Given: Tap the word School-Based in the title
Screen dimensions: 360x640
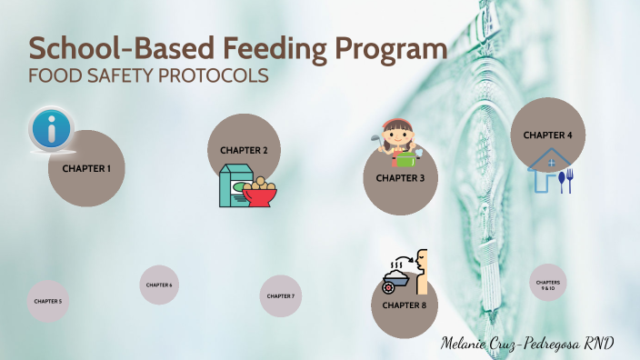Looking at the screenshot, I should [116, 48].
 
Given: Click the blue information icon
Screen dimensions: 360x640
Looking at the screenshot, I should [51, 130].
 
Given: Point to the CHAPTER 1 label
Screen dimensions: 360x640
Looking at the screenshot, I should [86, 168].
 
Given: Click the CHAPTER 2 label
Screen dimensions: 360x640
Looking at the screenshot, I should [244, 150].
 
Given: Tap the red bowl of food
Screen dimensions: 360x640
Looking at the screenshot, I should [259, 190].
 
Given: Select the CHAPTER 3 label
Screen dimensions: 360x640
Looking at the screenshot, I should [401, 177].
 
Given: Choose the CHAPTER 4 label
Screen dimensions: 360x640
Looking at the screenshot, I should [547, 135].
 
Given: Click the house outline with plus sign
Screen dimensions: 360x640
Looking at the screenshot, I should [545, 172].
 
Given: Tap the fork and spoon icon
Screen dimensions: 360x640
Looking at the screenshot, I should [567, 180].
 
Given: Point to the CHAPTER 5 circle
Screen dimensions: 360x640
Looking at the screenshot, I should [48, 301].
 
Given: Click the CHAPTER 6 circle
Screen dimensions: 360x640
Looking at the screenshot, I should [158, 285].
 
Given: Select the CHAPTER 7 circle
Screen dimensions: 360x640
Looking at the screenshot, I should [280, 296].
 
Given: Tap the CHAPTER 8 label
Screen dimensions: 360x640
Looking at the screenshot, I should [405, 305].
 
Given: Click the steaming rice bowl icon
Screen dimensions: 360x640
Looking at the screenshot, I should [397, 275].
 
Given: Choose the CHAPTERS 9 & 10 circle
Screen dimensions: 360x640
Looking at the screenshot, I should [548, 285].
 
